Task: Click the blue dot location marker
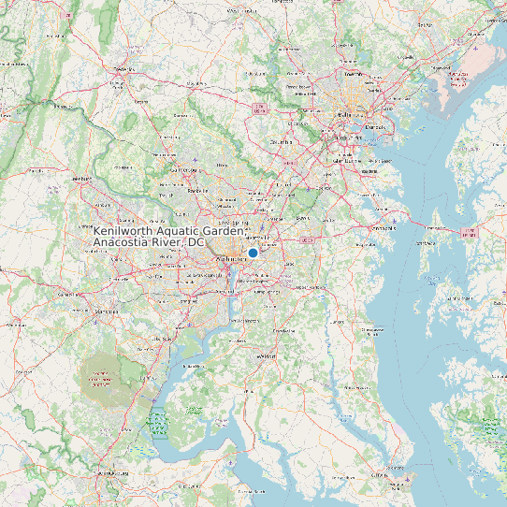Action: (x=253, y=253)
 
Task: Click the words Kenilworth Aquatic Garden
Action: (x=171, y=230)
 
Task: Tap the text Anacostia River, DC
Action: (x=149, y=242)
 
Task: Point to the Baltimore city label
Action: (x=347, y=114)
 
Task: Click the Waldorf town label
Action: (x=268, y=356)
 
